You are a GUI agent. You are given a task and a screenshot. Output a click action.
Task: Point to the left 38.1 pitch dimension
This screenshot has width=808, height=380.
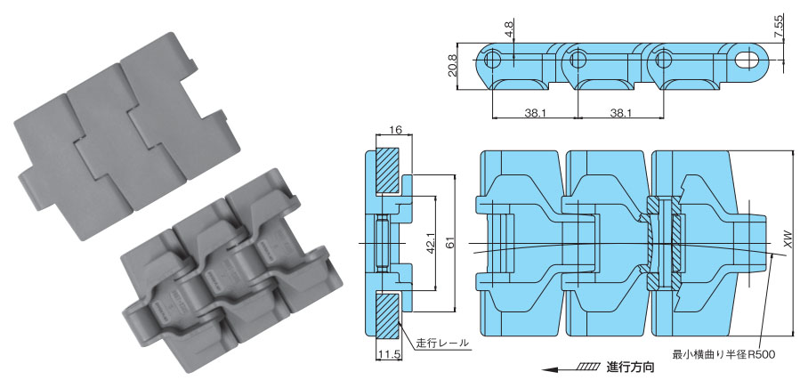[x=533, y=113]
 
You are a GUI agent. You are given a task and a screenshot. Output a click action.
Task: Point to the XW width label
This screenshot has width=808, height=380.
[x=788, y=239]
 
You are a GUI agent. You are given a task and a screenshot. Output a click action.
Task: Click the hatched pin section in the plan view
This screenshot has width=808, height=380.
[x=668, y=242]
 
